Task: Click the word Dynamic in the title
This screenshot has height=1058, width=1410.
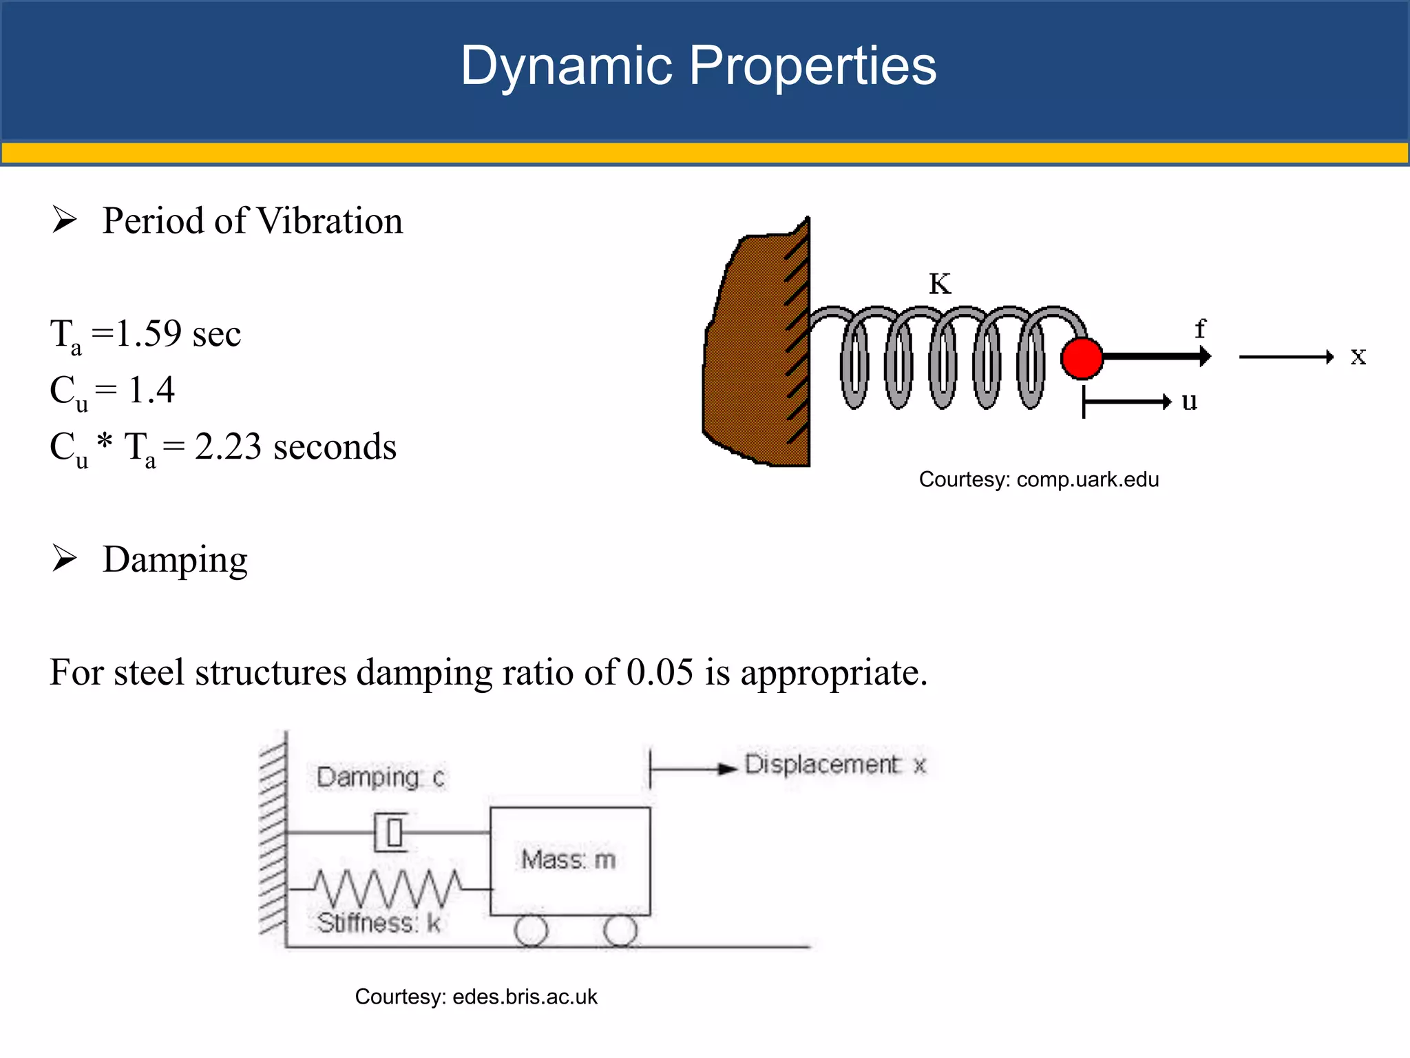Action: pos(566,65)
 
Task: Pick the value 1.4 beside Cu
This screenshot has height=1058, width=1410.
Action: pos(151,390)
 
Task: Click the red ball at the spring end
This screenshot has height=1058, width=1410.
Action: pos(1082,358)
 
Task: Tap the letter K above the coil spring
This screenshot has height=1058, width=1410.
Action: pos(940,284)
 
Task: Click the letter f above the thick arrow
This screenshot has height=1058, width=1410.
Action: pos(1200,329)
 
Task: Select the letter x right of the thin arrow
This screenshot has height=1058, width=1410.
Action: pos(1358,356)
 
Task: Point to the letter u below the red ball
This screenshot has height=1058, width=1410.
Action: pos(1189,401)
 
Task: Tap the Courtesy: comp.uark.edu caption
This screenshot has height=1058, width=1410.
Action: pos(1038,479)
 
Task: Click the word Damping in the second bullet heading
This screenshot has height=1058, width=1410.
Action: pos(175,559)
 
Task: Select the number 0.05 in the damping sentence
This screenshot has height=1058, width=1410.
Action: pos(660,672)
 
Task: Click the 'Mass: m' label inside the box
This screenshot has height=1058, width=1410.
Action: pos(568,860)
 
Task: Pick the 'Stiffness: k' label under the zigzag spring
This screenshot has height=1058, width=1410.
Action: pos(379,923)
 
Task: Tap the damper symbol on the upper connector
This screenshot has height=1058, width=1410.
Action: pos(391,833)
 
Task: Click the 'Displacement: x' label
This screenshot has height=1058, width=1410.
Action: pos(835,765)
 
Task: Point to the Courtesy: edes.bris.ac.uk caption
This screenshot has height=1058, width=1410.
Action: pos(476,997)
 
